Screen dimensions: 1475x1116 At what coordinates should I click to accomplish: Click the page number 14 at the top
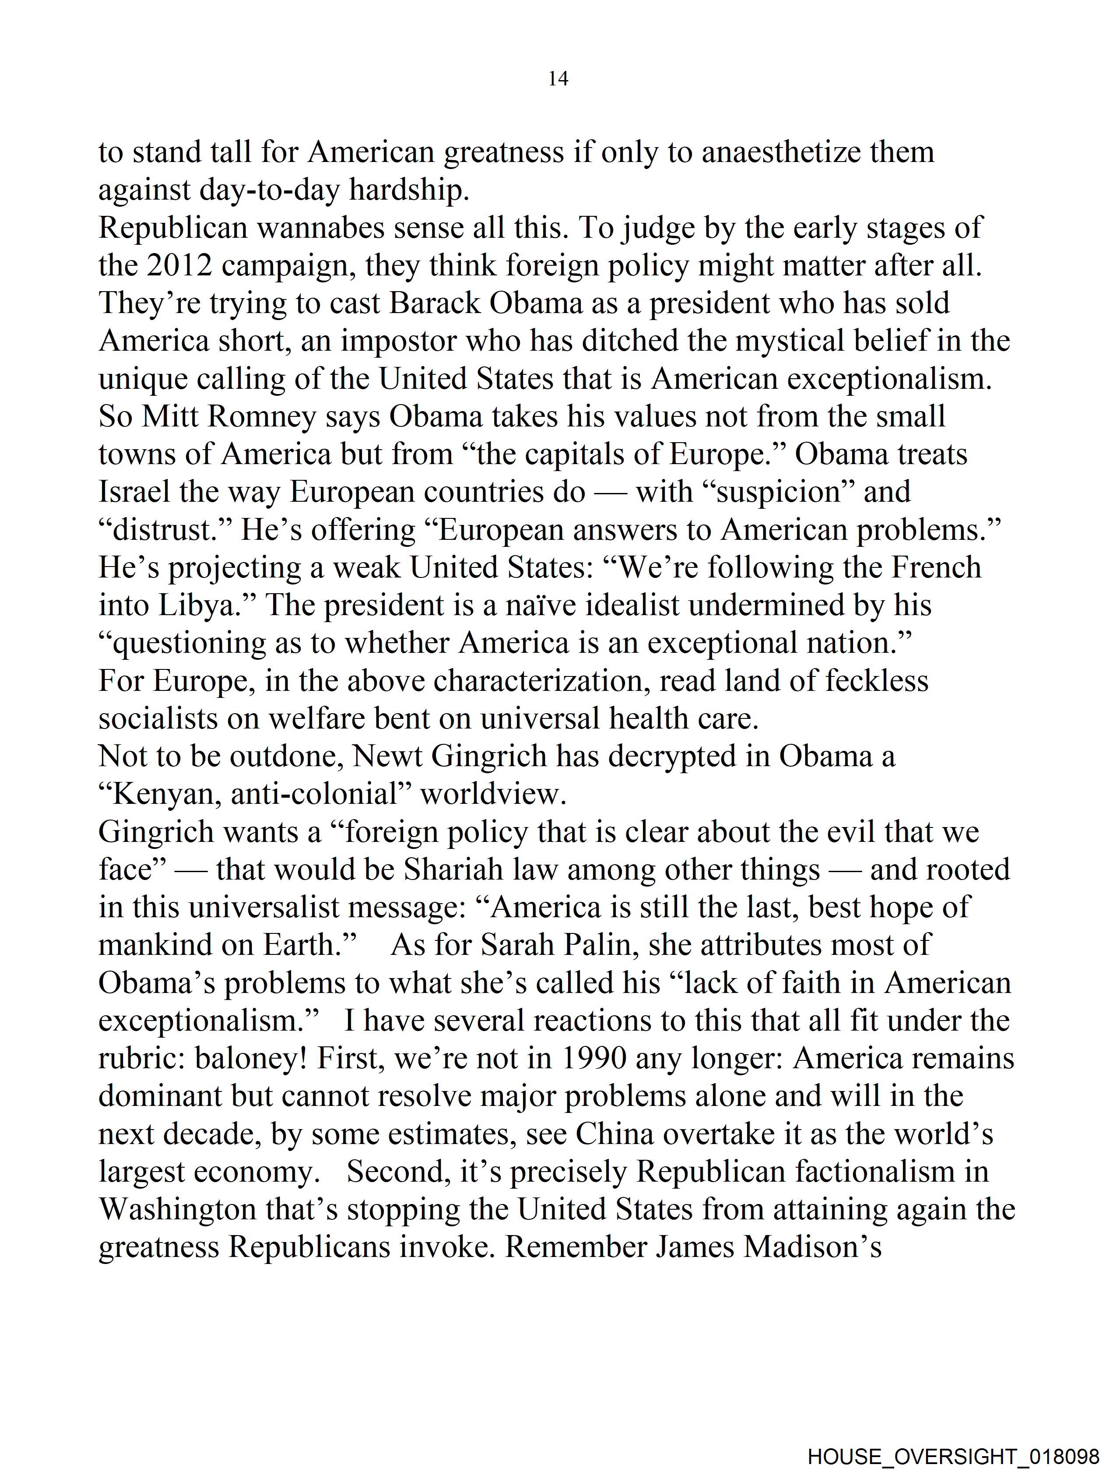pos(558,79)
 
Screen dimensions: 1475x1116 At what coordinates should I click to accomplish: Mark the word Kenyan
pos(158,794)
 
